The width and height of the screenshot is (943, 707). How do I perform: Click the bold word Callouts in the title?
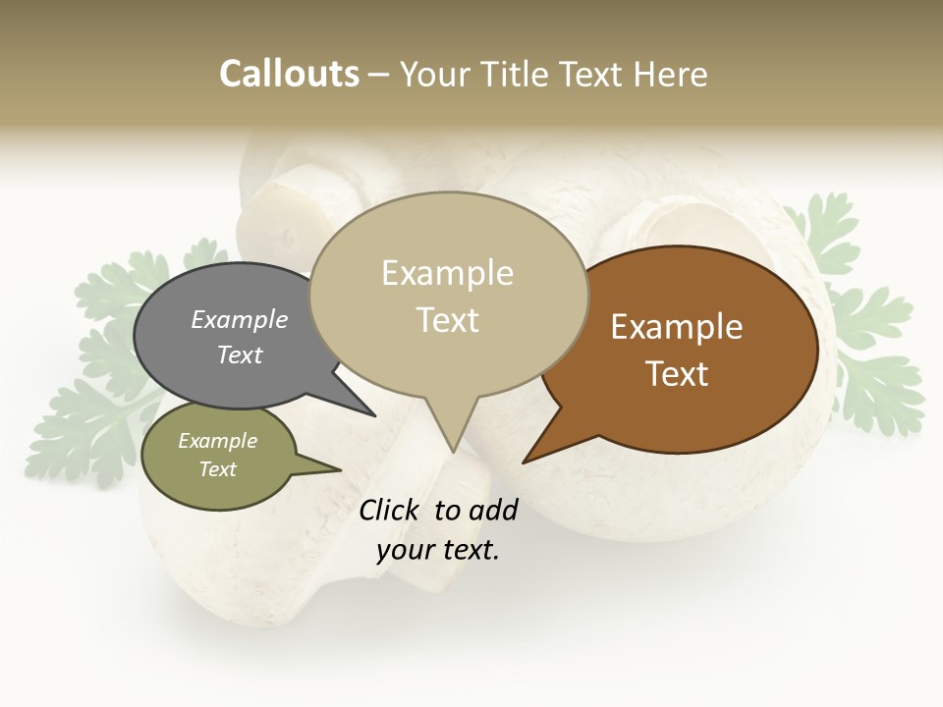(289, 74)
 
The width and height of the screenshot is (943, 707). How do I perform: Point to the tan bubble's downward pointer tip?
(453, 451)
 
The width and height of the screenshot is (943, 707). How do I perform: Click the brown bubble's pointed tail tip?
(524, 462)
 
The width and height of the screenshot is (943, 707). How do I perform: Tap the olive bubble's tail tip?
(340, 469)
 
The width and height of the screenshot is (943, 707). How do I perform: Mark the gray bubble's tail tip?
(374, 415)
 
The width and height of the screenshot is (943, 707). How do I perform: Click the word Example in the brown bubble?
(677, 327)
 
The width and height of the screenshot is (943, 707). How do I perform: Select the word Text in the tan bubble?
(448, 320)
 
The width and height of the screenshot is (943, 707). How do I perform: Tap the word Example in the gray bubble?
(240, 320)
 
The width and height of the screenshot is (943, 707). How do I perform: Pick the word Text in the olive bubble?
(218, 469)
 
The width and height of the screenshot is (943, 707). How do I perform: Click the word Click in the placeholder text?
(389, 510)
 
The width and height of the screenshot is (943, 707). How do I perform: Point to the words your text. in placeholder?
(438, 550)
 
